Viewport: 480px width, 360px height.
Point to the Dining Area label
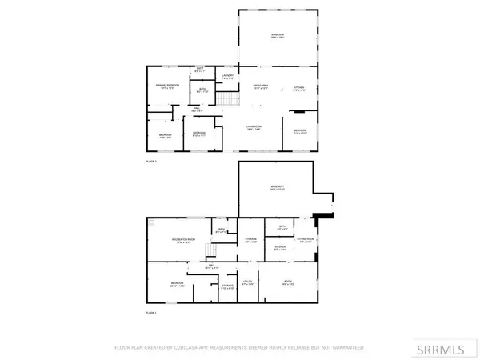[x=260, y=87]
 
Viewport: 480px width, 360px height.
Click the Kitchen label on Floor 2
[x=298, y=87]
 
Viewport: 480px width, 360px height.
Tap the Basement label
[x=278, y=188]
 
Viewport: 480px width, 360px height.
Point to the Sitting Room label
[x=305, y=239]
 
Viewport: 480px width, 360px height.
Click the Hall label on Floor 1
[x=213, y=266]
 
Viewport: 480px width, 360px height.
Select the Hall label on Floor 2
[x=197, y=110]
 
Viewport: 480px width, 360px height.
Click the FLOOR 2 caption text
[x=150, y=161]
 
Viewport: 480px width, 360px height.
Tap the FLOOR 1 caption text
[x=150, y=312]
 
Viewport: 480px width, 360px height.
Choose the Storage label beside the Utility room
[x=227, y=286]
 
